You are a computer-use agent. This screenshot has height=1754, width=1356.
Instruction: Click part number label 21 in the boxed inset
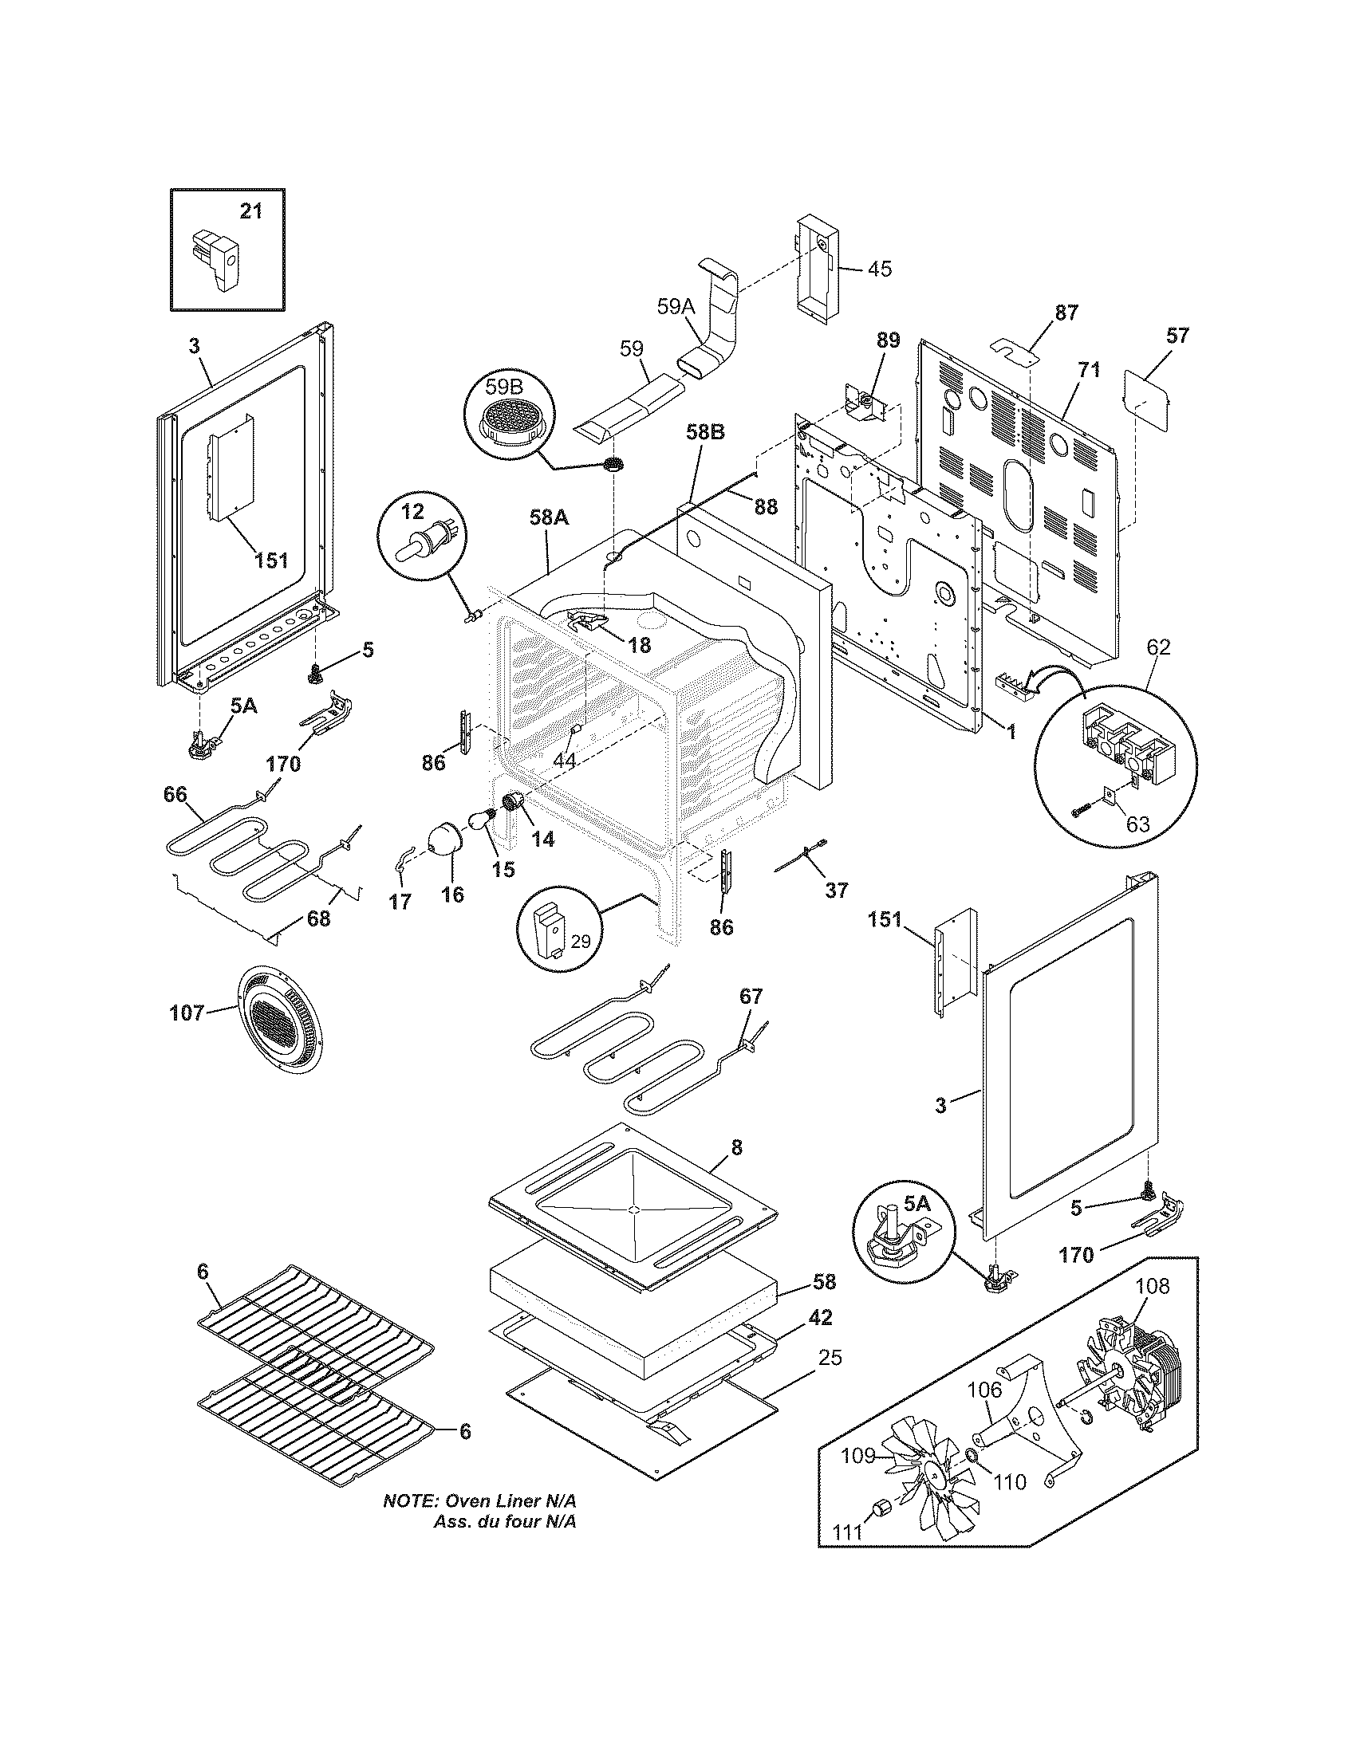251,211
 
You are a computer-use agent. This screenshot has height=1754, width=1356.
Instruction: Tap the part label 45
880,268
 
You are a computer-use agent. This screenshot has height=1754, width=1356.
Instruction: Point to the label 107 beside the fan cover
187,1013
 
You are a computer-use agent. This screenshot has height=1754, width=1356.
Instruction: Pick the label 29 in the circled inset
580,941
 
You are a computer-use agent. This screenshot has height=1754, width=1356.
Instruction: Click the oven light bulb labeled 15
485,820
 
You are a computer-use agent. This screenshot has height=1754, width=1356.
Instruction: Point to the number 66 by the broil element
175,794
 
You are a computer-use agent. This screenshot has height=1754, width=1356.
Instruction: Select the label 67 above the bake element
751,996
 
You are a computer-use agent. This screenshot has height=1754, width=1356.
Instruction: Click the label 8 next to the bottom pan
736,1147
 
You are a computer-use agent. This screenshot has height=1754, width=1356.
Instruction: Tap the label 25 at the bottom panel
830,1357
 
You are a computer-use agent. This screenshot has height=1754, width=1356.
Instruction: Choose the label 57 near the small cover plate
1177,335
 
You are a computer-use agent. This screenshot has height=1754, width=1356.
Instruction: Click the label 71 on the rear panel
1089,370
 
